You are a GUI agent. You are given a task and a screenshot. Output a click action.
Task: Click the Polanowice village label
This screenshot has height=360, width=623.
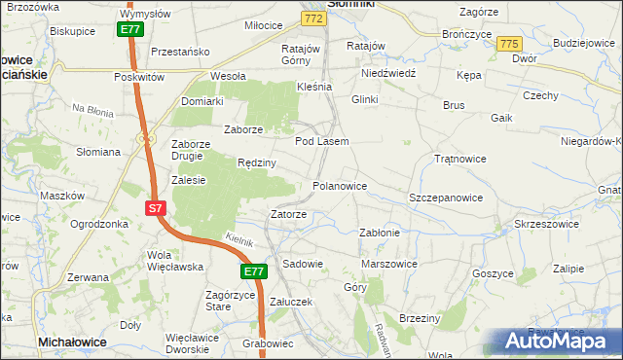point(339,185)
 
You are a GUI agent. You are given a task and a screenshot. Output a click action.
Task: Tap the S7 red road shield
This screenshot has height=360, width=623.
point(156,208)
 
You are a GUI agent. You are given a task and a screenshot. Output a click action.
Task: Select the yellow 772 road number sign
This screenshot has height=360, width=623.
point(312,18)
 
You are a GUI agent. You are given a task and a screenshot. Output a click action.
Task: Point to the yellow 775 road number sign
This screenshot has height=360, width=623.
point(508,45)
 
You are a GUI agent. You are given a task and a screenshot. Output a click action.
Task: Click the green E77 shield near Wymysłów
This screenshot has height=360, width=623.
point(131,30)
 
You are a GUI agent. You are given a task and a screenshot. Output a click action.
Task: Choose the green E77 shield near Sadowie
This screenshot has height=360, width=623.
point(254,272)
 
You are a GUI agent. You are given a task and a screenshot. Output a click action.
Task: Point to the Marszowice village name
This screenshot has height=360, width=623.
point(388,263)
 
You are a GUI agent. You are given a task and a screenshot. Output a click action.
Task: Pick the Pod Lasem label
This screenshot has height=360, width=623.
point(321,141)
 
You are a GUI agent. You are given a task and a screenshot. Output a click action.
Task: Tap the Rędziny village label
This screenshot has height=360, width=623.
point(257,162)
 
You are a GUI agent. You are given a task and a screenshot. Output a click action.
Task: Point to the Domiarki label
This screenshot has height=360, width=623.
point(202,100)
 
